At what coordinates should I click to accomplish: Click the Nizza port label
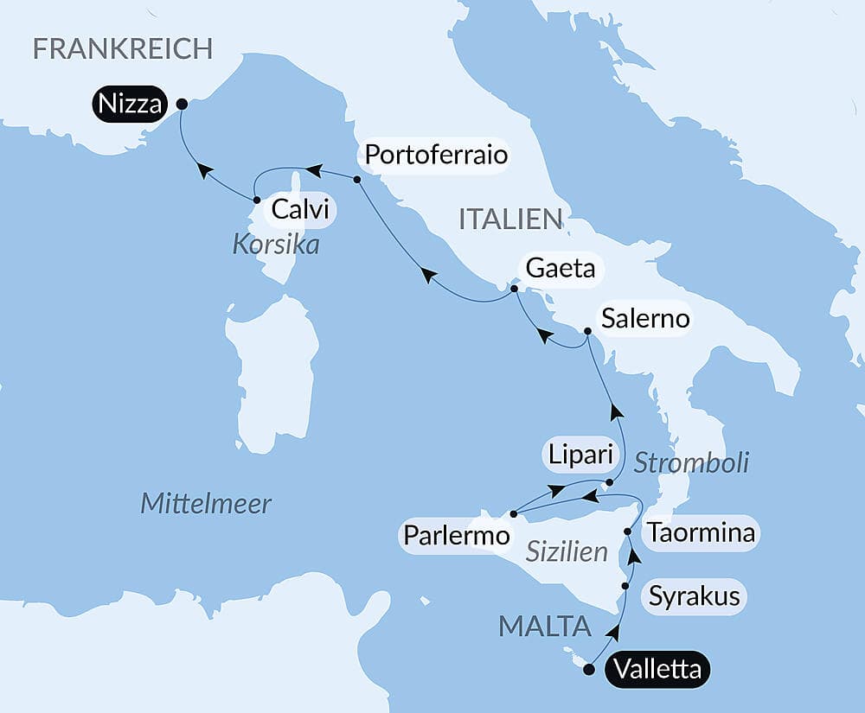point(131,105)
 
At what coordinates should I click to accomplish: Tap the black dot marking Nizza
point(182,104)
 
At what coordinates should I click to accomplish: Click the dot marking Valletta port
point(590,668)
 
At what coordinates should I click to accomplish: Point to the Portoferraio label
point(435,156)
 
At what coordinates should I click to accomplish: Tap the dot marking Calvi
point(257,201)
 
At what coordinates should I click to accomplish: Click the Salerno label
point(646,318)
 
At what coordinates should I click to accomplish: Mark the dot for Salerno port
point(587,332)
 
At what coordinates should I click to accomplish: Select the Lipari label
point(578,453)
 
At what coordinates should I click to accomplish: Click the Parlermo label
point(457,536)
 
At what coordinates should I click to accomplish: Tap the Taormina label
point(702,532)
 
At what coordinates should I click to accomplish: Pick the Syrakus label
point(695,595)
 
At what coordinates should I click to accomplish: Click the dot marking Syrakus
point(625,586)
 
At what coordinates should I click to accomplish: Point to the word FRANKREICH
point(122,48)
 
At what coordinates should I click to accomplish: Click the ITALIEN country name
point(510,220)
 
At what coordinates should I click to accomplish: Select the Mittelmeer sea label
point(206,503)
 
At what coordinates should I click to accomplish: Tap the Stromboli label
point(691,462)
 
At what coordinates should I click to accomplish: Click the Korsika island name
point(276,245)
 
